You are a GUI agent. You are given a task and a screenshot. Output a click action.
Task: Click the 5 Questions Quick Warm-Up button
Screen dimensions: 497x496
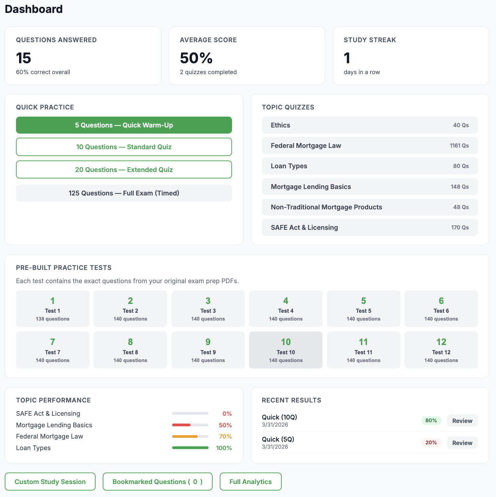[124, 125]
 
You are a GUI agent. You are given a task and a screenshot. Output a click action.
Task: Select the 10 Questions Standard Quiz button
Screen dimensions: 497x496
[124, 147]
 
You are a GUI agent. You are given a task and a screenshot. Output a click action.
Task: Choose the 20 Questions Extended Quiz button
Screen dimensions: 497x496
[124, 170]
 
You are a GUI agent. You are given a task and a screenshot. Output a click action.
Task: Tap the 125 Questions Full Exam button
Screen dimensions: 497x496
[124, 193]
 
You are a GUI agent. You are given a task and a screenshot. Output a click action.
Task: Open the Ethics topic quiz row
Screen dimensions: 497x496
[369, 125]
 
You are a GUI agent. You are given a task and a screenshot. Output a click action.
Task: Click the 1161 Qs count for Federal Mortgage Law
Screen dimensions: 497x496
[459, 145]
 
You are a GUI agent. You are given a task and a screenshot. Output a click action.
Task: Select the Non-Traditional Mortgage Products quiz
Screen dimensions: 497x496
[369, 207]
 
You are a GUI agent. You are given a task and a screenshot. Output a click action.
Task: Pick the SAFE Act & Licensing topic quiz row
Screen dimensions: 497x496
[369, 227]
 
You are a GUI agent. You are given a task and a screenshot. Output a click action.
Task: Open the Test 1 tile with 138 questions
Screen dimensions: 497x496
[53, 309]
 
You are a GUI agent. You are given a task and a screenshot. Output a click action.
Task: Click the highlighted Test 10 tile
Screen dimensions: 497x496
[285, 350]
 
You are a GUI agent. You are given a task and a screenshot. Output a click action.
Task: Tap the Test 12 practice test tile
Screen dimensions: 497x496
[441, 350]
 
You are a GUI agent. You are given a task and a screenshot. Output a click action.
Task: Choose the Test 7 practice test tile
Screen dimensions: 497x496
[53, 350]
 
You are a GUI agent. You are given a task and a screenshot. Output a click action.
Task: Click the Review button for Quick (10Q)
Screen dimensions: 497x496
[462, 421]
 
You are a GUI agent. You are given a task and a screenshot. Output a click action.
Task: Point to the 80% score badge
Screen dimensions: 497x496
[431, 421]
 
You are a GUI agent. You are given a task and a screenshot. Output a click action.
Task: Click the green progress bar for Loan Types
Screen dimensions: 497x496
[190, 448]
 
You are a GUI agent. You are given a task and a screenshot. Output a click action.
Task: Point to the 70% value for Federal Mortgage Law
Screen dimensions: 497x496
[225, 436]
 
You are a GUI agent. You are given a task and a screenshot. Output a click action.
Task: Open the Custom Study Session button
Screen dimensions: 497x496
[50, 482]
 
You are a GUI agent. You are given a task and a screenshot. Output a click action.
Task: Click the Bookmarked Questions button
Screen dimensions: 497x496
[158, 482]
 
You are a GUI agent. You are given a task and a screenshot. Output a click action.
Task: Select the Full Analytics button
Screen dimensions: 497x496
[250, 482]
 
